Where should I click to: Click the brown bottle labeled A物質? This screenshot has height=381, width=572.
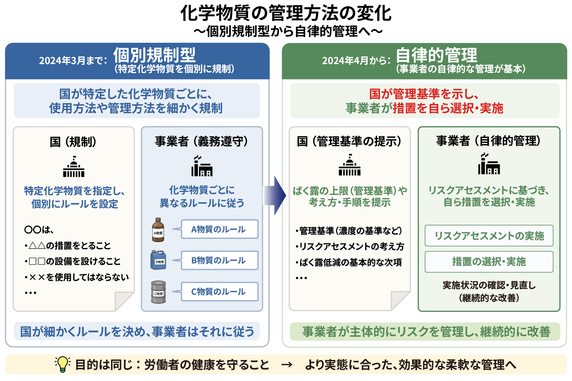(158, 230)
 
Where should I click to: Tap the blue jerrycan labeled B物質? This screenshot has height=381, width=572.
(158, 260)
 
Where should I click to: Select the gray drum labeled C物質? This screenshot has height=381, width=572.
(158, 292)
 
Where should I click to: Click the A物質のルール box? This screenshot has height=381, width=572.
(220, 229)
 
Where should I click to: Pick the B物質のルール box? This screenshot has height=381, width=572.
(220, 260)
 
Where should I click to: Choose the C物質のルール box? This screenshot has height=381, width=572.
(220, 292)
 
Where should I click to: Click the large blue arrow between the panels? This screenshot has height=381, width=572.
(274, 196)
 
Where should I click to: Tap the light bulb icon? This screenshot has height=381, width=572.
(63, 364)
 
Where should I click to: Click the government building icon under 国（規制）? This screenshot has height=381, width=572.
(74, 167)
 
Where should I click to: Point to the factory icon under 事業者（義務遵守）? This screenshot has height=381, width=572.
(202, 166)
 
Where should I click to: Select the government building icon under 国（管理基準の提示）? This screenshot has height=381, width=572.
(350, 165)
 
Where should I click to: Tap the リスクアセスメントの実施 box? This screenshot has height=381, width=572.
(489, 236)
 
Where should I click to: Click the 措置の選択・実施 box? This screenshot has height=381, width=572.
(489, 262)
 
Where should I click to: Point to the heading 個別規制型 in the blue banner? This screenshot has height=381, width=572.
(155, 55)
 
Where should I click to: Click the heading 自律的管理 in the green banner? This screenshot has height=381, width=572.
(436, 55)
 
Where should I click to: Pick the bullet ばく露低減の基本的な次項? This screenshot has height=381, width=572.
(349, 262)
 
